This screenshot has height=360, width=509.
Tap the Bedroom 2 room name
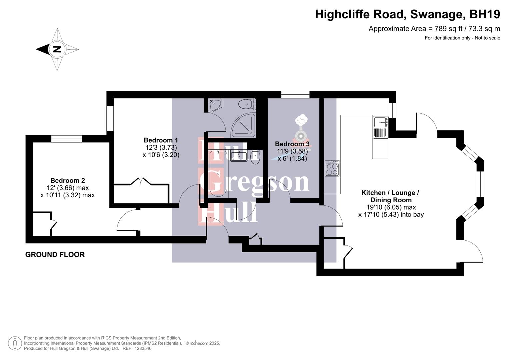[68, 180]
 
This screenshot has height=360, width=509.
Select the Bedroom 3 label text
[292, 144]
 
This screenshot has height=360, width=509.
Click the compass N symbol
[57, 49]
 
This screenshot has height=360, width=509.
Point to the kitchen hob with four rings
[332, 168]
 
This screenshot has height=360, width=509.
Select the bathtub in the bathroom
[218, 174]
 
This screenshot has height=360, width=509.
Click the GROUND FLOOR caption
[55, 254]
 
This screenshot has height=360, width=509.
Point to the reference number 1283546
[142, 348]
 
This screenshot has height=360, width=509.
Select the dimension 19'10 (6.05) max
[391, 207]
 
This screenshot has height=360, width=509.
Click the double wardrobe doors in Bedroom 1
[141, 182]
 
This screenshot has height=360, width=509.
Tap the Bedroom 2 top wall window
[67, 139]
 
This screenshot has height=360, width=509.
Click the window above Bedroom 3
[295, 95]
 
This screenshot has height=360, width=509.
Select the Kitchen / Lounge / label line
[390, 193]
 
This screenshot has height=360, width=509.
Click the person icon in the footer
[15, 343]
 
